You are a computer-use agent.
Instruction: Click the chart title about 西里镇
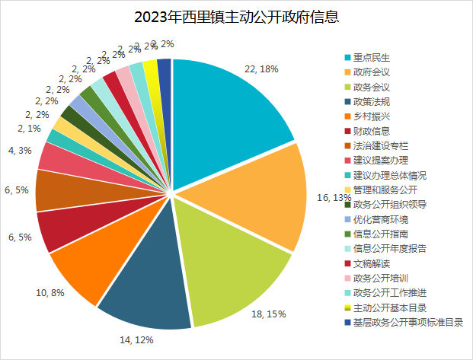pyautogui.click(x=236, y=17)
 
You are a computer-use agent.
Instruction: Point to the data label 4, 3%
pyautogui.click(x=18, y=151)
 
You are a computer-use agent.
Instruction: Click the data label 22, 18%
pyautogui.click(x=261, y=68)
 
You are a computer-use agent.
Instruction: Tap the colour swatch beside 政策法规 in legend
pyautogui.click(x=348, y=102)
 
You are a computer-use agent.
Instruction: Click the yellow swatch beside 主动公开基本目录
pyautogui.click(x=348, y=307)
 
